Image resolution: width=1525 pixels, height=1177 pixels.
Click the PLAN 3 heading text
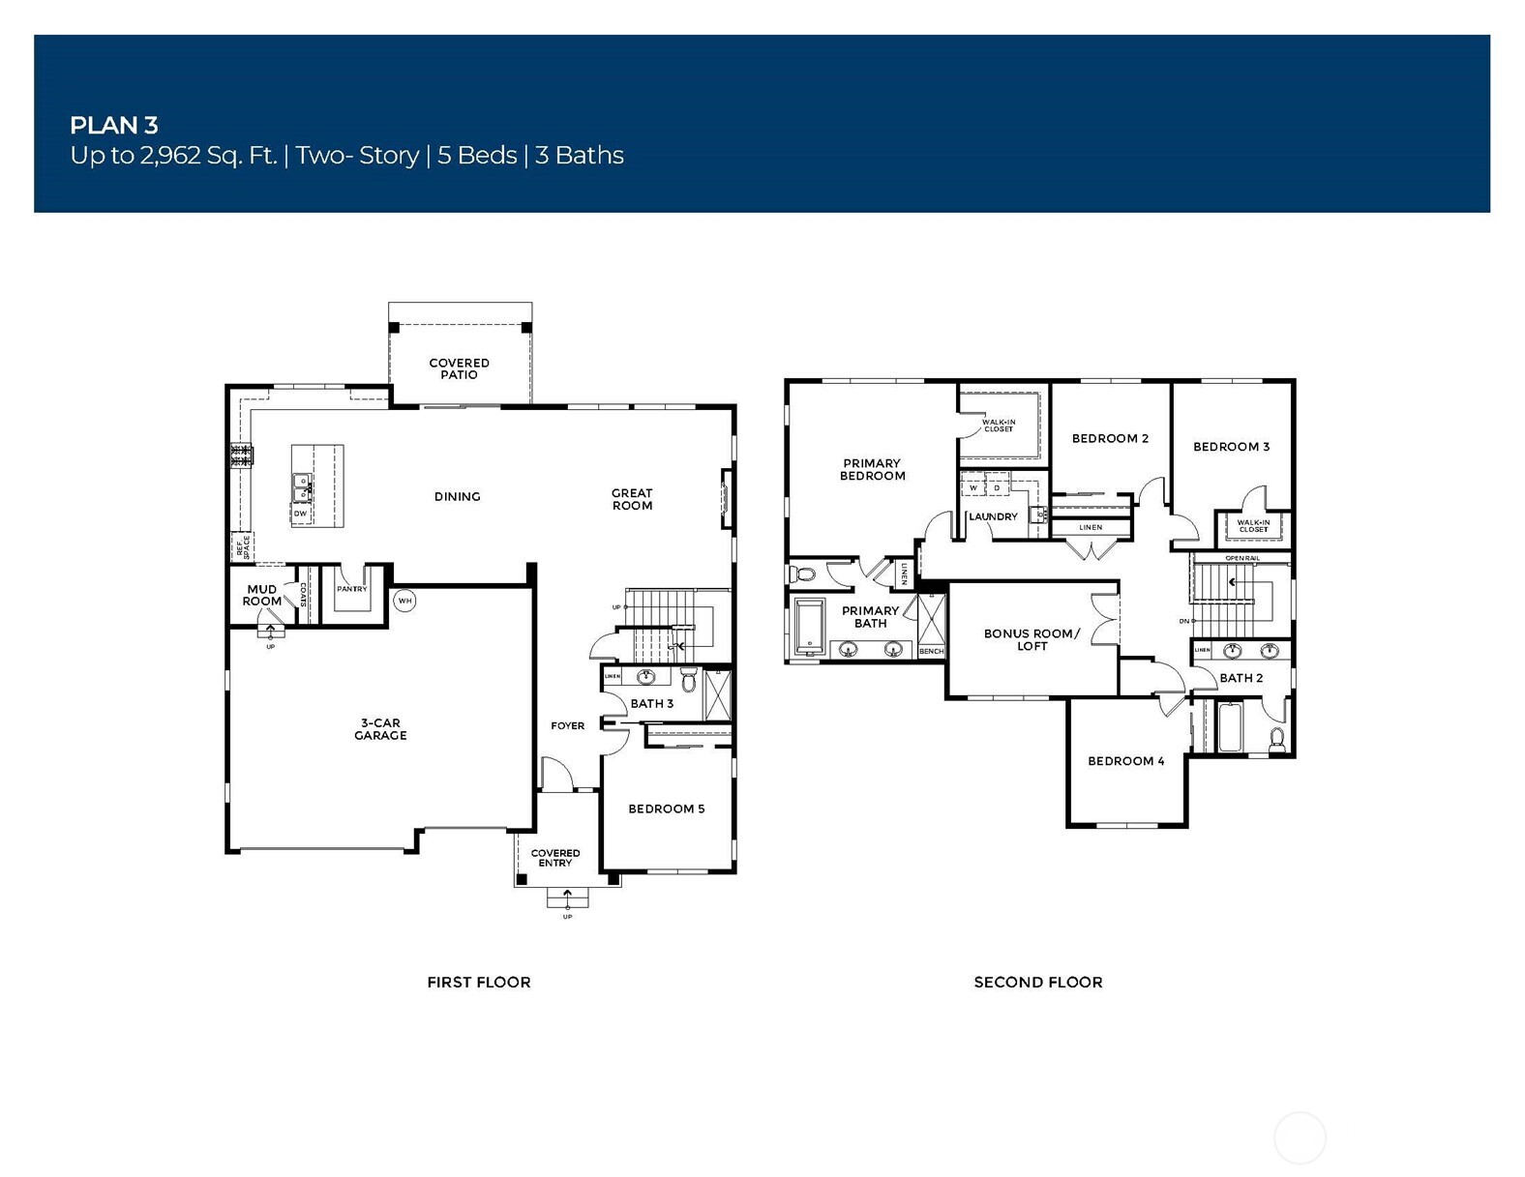[113, 125]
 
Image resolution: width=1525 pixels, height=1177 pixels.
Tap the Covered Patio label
[459, 368]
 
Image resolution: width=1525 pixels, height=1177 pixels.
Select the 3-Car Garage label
[380, 729]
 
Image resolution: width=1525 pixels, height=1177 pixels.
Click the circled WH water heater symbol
[404, 601]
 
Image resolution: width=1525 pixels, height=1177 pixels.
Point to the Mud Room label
[261, 595]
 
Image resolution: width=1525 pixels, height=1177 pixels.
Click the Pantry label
[351, 589]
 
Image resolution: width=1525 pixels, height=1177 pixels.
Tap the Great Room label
[632, 499]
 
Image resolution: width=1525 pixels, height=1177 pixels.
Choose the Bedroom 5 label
[666, 809]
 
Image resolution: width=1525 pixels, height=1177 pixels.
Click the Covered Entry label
[555, 858]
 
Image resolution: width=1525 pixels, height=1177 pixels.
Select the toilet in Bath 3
[689, 680]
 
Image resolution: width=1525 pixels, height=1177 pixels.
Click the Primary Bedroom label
[872, 469]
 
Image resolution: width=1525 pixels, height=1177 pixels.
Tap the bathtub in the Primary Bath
[808, 626]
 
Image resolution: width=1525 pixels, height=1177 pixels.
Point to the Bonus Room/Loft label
[1032, 639]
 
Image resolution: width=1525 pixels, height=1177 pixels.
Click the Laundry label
[993, 516]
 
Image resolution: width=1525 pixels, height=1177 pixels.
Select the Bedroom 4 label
[1125, 761]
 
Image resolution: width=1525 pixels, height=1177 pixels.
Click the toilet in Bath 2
[1276, 740]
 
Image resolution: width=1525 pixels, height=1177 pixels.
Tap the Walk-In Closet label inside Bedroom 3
[1253, 526]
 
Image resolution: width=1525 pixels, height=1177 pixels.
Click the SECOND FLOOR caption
[1037, 982]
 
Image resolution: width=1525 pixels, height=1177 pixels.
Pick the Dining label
[457, 496]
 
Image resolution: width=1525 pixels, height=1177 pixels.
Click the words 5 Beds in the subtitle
[477, 156]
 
